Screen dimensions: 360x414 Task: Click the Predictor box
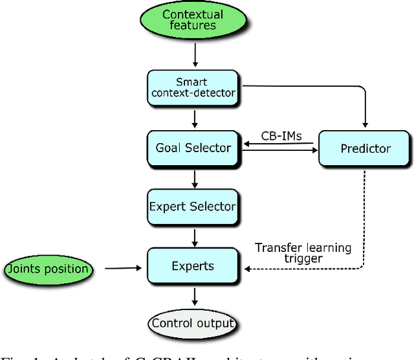[365, 148]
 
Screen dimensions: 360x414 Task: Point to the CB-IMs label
[281, 136]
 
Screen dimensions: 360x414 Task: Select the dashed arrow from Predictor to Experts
[364, 220]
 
